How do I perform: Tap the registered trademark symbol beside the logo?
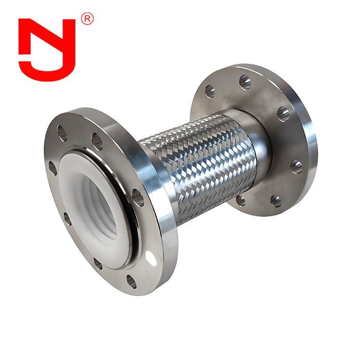point(87,19)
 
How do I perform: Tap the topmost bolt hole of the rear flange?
point(245,83)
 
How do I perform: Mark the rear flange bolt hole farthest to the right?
point(297,167)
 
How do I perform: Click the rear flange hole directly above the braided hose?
point(210,91)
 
